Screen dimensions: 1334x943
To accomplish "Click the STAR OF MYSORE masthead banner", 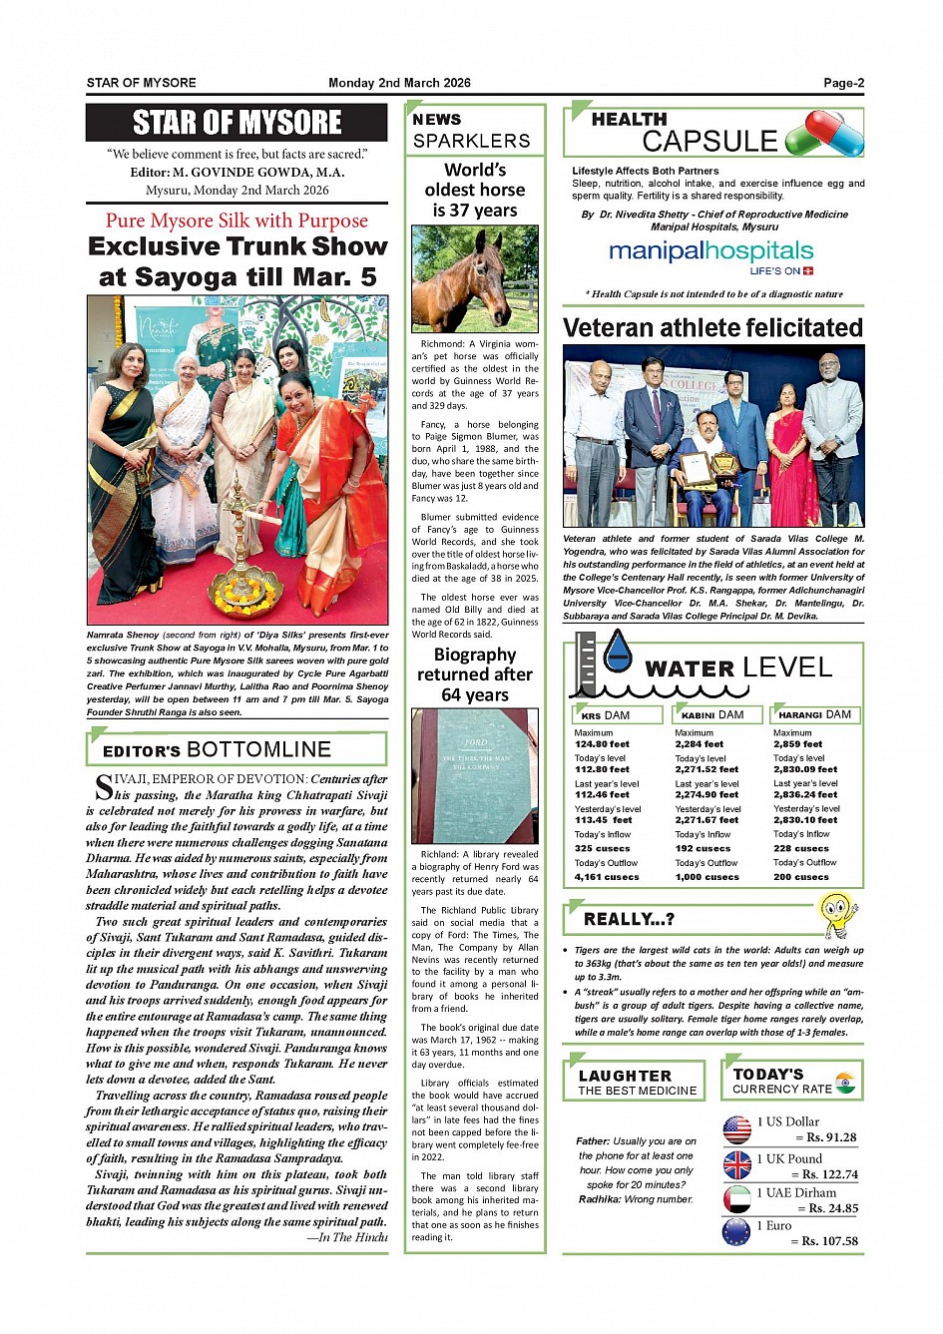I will pos(236,123).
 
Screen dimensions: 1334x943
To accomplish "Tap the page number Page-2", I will pos(843,83).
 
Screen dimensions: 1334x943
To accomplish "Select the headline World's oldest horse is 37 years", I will pos(475,190).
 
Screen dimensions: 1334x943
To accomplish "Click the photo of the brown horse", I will pos(475,278).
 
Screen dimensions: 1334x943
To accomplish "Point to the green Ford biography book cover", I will pos(475,775).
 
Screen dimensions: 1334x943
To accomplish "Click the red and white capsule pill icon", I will pos(824,133).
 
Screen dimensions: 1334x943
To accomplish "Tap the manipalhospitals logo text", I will pos(710,251).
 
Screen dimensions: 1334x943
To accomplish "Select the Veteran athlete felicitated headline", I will pos(712,328).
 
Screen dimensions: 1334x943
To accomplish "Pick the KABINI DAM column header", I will pos(712,714).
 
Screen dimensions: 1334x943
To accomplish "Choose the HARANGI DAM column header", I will pos(814,714).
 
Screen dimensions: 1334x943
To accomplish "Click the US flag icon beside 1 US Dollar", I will pos(736,1129).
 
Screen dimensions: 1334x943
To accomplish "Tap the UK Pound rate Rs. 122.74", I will pos(823,1174).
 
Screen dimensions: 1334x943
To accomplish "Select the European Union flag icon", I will pos(736,1232).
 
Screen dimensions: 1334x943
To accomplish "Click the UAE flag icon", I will pos(736,1198).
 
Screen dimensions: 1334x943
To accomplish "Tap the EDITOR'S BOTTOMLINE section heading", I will pos(217,749).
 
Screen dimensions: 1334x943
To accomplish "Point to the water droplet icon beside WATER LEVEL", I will pos(618,652).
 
